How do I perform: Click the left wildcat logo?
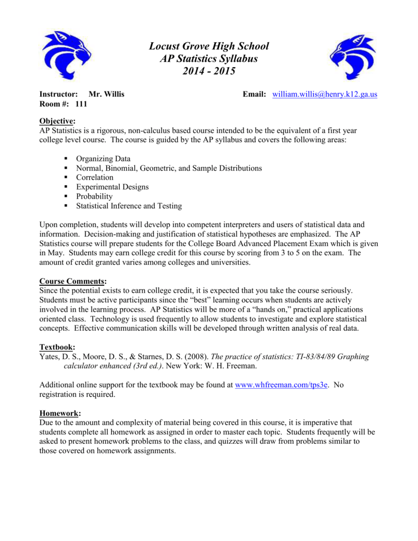click(x=67, y=54)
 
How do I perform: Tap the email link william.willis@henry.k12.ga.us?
click(x=324, y=95)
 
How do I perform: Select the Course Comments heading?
click(x=73, y=281)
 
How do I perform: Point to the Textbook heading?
click(x=58, y=347)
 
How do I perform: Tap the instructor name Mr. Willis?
click(x=107, y=95)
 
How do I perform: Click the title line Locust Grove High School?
click(x=209, y=46)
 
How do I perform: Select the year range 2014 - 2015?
click(x=209, y=71)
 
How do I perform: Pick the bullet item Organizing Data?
click(x=103, y=158)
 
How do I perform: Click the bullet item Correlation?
click(x=95, y=178)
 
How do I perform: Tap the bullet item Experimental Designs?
click(x=112, y=187)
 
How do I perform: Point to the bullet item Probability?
click(x=94, y=197)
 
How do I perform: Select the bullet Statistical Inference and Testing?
click(x=128, y=206)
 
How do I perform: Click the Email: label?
click(x=253, y=95)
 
